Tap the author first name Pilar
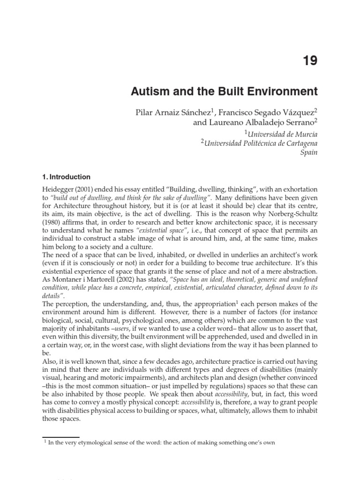coord(144,113)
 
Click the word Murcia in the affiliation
coord(304,134)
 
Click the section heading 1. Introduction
coord(66,177)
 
